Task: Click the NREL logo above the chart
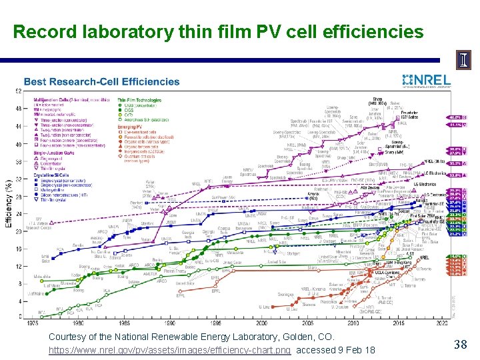[x=427, y=81]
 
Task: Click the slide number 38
[x=460, y=345]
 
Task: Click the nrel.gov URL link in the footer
[x=169, y=350]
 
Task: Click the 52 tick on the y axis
[x=27, y=91]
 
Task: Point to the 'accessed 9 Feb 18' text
[x=335, y=350]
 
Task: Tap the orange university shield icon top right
[x=463, y=59]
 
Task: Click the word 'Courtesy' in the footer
[x=68, y=338]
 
